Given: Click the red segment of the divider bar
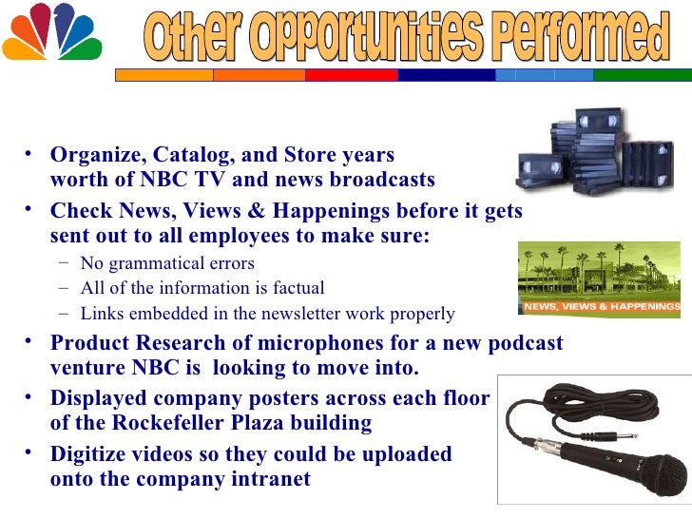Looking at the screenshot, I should (x=353, y=74).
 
